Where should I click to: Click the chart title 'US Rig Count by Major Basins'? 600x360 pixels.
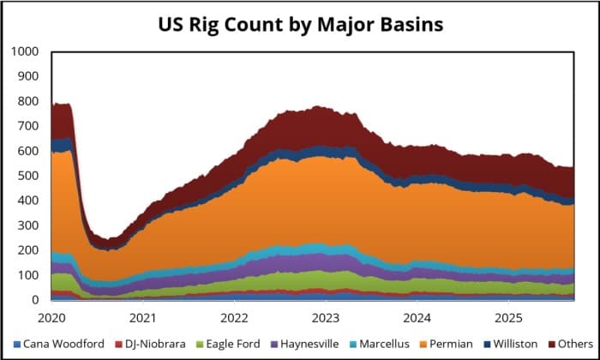tap(300, 24)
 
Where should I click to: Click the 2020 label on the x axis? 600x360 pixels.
tap(51, 317)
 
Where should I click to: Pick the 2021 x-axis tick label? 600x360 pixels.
tap(142, 317)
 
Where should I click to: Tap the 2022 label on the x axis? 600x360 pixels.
tap(234, 317)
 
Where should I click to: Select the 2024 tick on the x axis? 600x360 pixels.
tap(417, 317)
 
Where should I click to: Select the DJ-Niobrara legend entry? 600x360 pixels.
tap(144, 345)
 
